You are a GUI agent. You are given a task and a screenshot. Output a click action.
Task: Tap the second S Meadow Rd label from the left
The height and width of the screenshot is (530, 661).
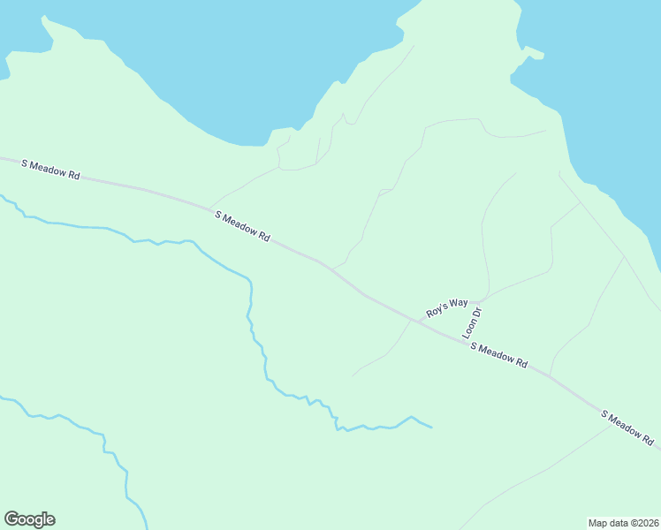(x=241, y=225)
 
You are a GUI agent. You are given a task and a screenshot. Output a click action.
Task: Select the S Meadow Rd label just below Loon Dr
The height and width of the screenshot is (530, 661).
(x=498, y=355)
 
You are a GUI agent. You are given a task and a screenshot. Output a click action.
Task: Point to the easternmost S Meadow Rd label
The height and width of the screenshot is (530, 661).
(x=628, y=427)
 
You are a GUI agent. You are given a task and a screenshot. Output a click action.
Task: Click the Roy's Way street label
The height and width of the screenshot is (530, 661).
(x=446, y=307)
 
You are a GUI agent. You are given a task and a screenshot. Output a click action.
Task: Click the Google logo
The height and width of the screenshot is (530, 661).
(x=29, y=519)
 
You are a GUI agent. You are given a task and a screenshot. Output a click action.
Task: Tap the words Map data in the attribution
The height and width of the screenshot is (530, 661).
(x=608, y=522)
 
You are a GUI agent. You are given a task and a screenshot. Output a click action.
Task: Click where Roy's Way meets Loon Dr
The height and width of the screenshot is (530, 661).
(x=479, y=301)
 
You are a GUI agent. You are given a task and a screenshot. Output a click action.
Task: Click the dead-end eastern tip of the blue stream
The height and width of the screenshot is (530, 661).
(x=432, y=428)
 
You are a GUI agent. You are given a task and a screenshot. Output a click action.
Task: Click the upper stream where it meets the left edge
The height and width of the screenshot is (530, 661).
(x=2, y=196)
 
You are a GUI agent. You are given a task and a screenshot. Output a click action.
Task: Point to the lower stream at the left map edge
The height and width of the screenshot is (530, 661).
(x=2, y=397)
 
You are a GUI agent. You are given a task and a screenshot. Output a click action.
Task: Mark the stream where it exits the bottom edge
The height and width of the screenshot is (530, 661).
(x=145, y=527)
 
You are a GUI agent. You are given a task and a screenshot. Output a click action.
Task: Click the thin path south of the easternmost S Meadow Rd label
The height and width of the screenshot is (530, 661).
(x=566, y=455)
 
